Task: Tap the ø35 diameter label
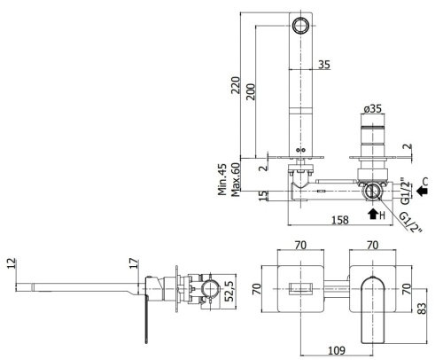click(x=373, y=110)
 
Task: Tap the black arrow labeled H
click(x=372, y=212)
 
